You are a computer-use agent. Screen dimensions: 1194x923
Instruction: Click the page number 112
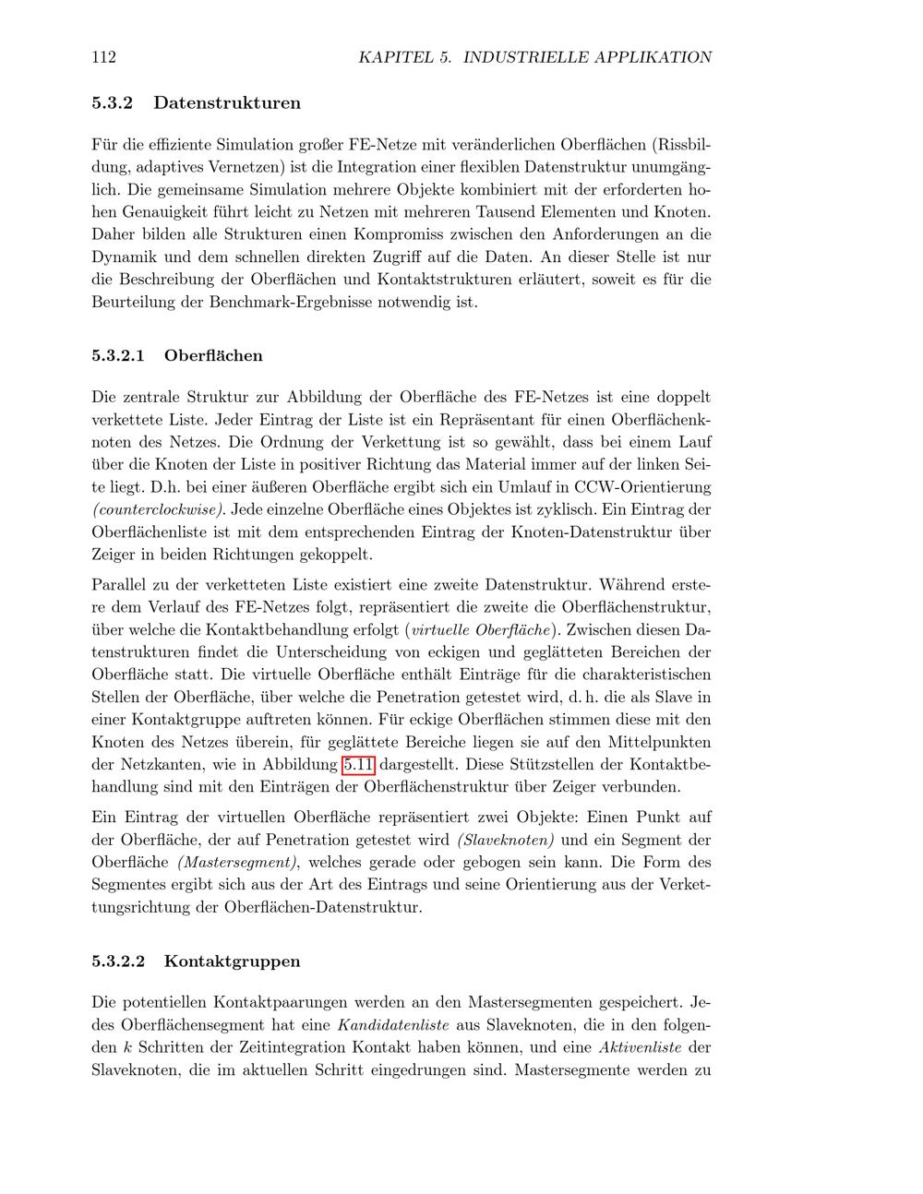(104, 57)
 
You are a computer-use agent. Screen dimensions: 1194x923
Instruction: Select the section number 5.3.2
(112, 102)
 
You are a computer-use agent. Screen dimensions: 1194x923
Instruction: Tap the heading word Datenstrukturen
(227, 102)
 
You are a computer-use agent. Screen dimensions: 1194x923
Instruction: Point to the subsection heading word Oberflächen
(213, 355)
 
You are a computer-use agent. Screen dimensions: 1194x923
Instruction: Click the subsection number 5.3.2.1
(118, 355)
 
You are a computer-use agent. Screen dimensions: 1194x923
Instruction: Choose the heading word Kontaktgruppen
(232, 961)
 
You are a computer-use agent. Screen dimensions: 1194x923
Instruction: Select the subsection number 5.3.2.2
(118, 961)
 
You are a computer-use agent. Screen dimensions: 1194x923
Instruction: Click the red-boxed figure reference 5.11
(358, 765)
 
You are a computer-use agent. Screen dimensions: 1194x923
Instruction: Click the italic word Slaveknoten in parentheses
(506, 840)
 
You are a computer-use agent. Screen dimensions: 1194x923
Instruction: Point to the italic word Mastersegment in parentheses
(237, 862)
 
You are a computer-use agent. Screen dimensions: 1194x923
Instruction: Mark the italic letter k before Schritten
(126, 1047)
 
